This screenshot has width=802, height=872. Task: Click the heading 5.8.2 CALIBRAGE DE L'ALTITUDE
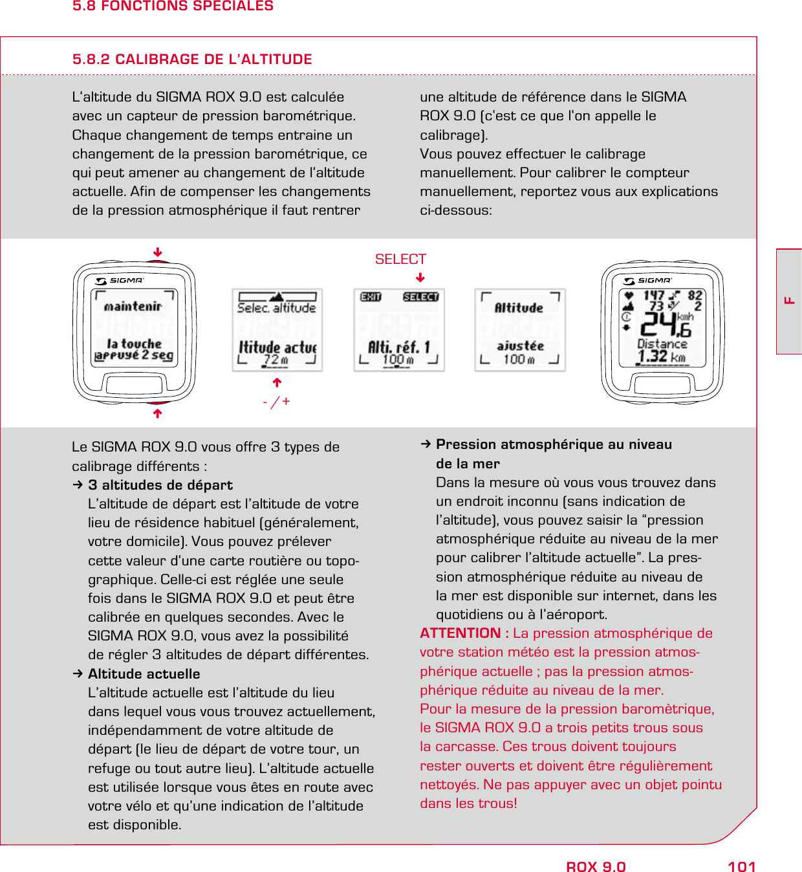(x=192, y=60)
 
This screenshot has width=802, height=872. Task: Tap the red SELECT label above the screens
(x=400, y=259)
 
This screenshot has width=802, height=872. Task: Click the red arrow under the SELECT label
(x=420, y=278)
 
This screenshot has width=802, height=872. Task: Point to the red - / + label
(x=276, y=402)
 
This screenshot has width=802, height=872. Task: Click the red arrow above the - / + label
(x=277, y=382)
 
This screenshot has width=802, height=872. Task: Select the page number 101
(x=741, y=867)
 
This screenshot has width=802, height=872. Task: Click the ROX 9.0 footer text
(x=596, y=867)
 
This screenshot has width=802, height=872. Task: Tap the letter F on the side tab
(x=789, y=300)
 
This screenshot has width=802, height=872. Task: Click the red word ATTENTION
(x=460, y=633)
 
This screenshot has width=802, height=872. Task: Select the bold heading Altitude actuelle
(x=144, y=674)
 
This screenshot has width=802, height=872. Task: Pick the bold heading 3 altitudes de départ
(x=160, y=485)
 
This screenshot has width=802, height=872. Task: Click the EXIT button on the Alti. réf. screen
(x=371, y=297)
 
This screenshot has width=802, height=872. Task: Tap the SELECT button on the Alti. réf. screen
(x=420, y=297)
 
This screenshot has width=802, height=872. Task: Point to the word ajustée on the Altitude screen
(x=520, y=346)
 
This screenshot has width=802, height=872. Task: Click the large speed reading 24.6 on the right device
(x=666, y=324)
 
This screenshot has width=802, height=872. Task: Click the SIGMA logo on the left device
(x=121, y=281)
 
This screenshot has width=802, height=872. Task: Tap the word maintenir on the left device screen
(x=133, y=307)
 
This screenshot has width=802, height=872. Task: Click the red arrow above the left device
(x=157, y=252)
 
